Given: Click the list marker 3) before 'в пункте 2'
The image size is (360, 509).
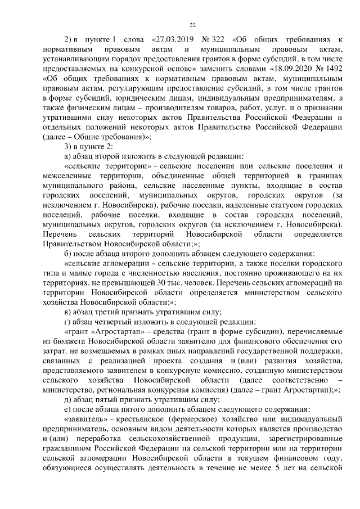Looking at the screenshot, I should [x=69, y=147].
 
